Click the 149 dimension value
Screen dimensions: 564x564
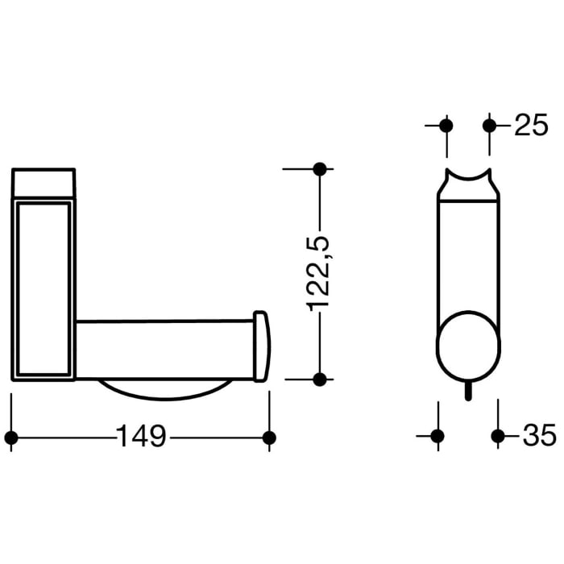(x=141, y=437)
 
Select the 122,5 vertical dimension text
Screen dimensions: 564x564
(x=319, y=272)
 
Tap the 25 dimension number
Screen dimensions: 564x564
(x=530, y=125)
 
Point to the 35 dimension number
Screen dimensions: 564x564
(x=539, y=436)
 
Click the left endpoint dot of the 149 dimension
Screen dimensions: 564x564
(x=11, y=437)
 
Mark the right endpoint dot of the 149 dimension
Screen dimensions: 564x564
(x=269, y=437)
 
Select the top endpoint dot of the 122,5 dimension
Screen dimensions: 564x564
(x=319, y=168)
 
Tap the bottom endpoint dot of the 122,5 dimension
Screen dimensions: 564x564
(x=319, y=379)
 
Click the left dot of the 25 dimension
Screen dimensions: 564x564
(x=446, y=125)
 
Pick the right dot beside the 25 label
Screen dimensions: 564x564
(x=489, y=125)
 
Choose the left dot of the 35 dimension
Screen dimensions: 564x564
(x=438, y=436)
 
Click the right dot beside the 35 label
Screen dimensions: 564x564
(x=498, y=436)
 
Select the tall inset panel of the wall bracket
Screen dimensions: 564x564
(x=43, y=288)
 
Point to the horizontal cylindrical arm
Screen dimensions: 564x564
(x=165, y=349)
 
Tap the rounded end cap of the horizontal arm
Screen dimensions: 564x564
(x=261, y=346)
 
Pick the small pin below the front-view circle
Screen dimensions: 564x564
(x=468, y=391)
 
